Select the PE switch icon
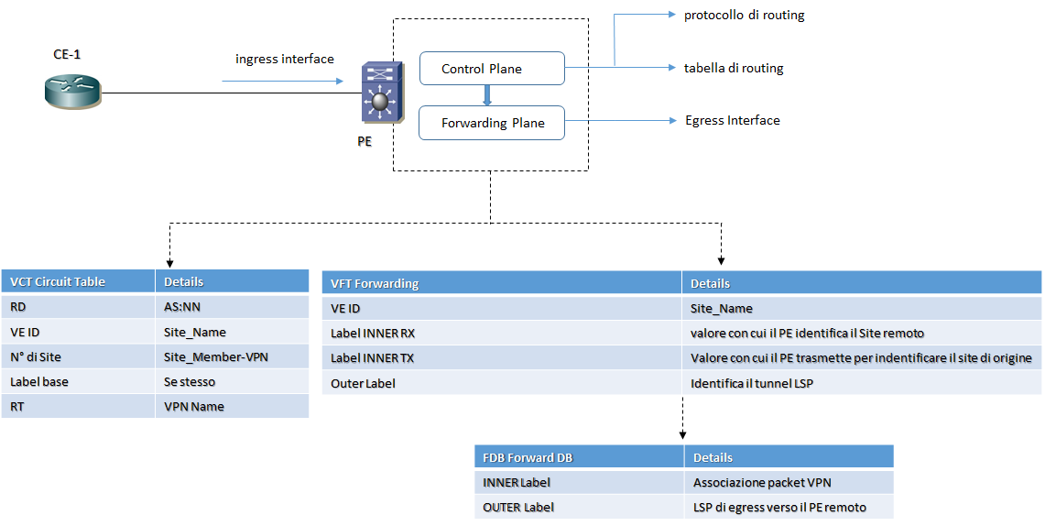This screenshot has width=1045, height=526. tap(380, 93)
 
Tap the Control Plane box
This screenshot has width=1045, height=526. tap(491, 69)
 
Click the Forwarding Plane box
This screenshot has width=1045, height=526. tap(491, 123)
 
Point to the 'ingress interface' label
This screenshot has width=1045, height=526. tap(285, 60)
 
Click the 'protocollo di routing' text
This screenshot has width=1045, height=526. tap(744, 16)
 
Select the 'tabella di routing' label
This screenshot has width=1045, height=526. tap(733, 68)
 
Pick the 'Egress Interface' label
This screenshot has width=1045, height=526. tap(732, 120)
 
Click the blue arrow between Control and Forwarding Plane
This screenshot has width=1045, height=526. tap(487, 95)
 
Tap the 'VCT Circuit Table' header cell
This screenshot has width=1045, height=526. tap(58, 281)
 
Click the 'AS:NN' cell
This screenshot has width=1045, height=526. tap(181, 307)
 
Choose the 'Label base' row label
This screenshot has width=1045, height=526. tap(39, 381)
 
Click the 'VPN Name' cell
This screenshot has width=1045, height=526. tap(193, 406)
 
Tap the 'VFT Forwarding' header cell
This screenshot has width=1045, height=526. tap(375, 283)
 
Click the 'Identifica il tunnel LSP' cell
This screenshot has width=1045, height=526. tap(752, 383)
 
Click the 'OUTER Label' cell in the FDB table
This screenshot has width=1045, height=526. tap(518, 507)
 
